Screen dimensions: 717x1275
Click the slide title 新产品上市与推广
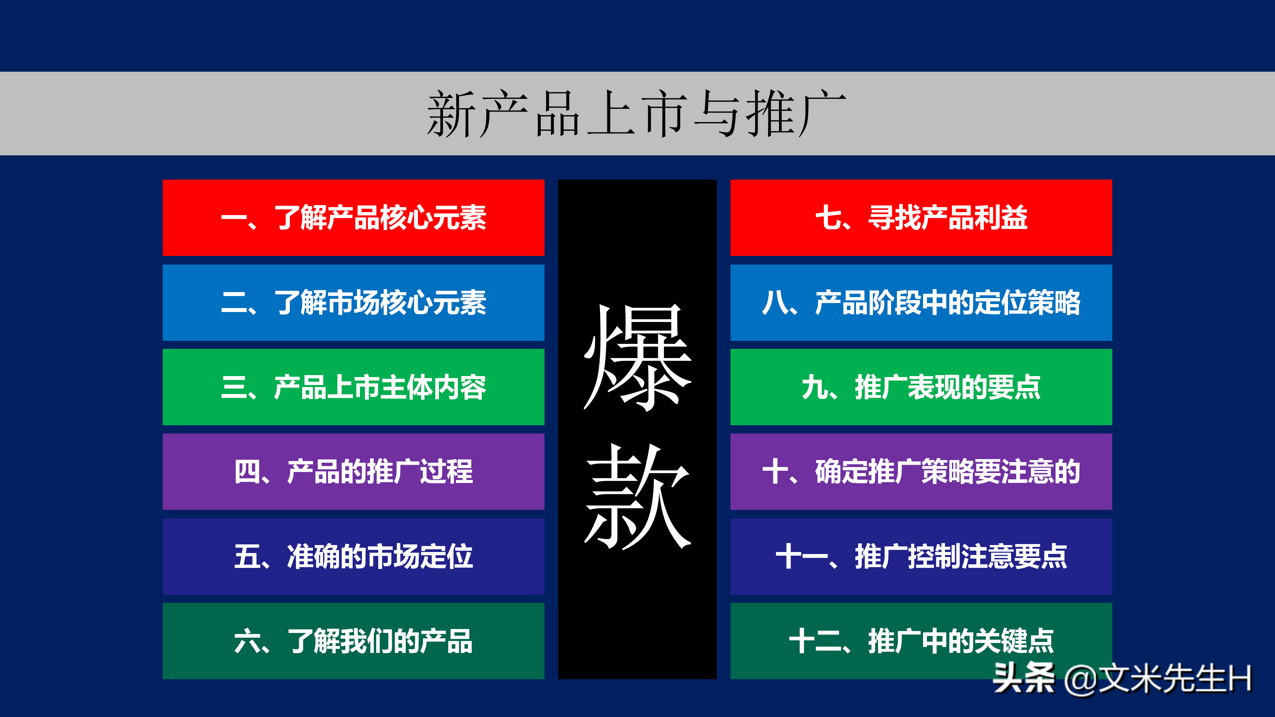637,114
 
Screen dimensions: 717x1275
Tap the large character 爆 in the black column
637,357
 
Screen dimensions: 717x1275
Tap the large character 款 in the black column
637,496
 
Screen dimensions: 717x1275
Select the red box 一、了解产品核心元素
353,218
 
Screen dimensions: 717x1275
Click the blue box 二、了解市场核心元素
353,302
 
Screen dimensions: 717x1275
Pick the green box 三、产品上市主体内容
353,387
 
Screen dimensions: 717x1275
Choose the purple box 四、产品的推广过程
353,472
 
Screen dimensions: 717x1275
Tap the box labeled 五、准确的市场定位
353,556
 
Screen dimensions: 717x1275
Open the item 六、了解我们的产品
353,641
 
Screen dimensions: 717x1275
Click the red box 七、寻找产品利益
921,218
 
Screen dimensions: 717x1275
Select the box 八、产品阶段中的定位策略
921,302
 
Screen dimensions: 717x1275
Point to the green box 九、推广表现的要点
921,387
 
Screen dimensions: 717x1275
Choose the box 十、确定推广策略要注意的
921,472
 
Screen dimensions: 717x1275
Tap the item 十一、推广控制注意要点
921,556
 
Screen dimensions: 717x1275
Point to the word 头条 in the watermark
1024,678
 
